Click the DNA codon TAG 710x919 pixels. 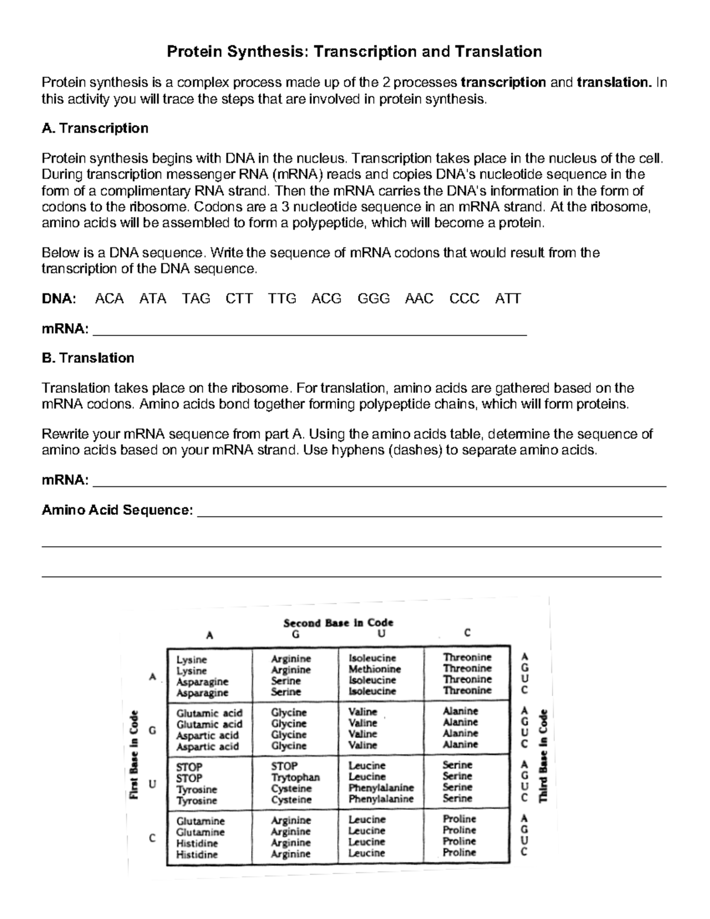(x=196, y=299)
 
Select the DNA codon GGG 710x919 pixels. (x=373, y=299)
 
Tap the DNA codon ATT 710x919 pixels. (x=508, y=299)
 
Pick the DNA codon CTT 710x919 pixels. (x=239, y=299)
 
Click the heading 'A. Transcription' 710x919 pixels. (x=95, y=128)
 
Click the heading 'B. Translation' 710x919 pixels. (x=88, y=358)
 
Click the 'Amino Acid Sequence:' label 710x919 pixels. (x=117, y=510)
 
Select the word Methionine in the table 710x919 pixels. (x=375, y=669)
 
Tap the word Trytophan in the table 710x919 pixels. (x=295, y=777)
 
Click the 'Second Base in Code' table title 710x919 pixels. (x=338, y=623)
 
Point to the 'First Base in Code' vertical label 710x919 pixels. (x=134, y=754)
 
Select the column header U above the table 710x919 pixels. (x=382, y=634)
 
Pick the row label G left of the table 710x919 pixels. (x=153, y=730)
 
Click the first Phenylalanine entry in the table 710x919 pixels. (x=380, y=788)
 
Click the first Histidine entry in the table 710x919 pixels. (x=197, y=843)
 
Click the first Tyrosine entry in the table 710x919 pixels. (x=196, y=789)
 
